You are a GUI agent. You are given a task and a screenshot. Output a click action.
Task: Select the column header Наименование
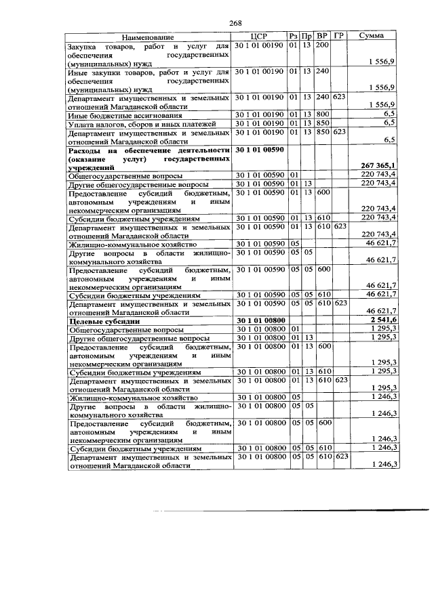click(149, 36)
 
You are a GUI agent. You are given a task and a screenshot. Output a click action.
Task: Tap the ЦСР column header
click(260, 36)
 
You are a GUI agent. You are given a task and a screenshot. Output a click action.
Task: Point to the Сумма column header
click(371, 36)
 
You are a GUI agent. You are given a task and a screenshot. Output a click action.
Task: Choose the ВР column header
click(323, 36)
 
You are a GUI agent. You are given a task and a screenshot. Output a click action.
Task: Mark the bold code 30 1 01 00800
click(260, 320)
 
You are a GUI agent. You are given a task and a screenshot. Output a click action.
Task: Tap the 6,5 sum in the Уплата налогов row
click(389, 124)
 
